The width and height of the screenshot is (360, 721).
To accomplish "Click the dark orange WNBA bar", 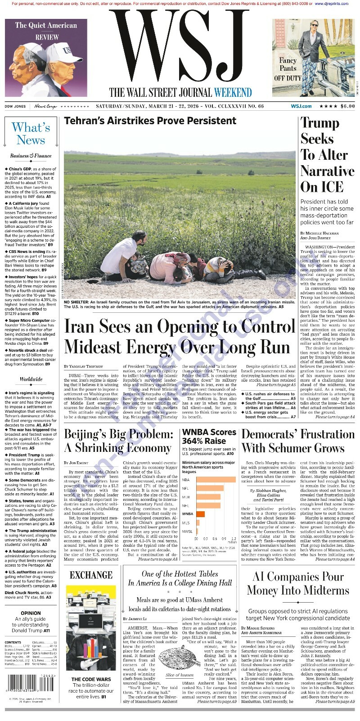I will point(200,514).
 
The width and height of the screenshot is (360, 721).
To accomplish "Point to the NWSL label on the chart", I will point(187,532).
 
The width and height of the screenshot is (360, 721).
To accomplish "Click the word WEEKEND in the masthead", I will point(233,93).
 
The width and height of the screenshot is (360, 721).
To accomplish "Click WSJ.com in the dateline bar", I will point(301,106).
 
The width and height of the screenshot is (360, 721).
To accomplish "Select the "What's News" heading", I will point(31,134).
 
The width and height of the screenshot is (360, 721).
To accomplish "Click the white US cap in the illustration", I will point(63,54).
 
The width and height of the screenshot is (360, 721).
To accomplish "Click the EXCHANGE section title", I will point(91,575).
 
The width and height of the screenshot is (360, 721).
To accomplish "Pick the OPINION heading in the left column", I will point(31,613).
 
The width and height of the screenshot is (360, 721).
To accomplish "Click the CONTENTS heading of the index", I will point(13,642).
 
